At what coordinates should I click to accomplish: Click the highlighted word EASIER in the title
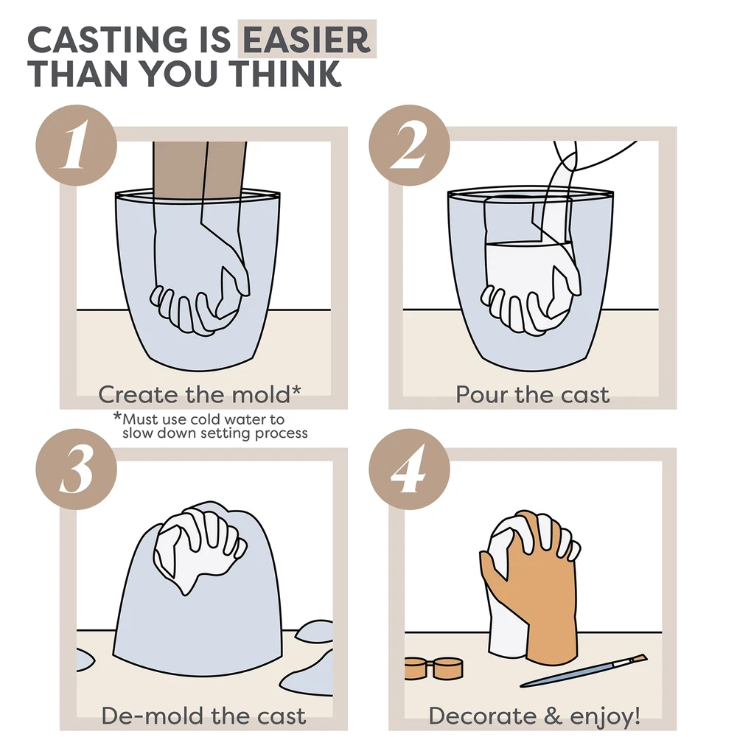(x=307, y=40)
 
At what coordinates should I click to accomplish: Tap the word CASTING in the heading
(x=108, y=40)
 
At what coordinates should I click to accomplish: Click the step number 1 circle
(x=76, y=144)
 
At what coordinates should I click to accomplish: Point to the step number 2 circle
(x=409, y=144)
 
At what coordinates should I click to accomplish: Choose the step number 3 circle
(x=76, y=469)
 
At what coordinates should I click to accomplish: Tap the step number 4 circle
(x=409, y=469)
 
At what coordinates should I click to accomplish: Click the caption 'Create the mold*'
(x=199, y=394)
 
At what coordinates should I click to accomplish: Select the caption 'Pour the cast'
(x=532, y=395)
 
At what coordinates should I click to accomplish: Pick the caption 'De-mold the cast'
(x=203, y=716)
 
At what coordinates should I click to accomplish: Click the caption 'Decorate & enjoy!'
(x=534, y=716)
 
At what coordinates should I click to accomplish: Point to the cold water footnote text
(x=211, y=425)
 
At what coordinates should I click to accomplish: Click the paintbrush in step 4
(x=583, y=671)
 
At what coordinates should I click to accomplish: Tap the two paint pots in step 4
(x=433, y=668)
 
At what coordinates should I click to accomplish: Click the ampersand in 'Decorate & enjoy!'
(x=553, y=716)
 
